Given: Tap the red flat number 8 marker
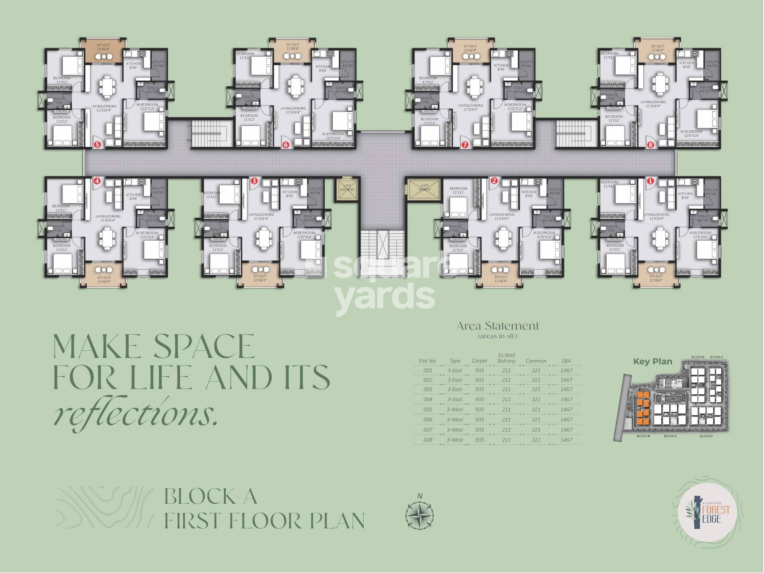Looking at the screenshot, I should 651,145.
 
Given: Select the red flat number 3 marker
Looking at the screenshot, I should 253,181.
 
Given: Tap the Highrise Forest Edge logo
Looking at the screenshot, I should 709,514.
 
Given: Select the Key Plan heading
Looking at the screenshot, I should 652,361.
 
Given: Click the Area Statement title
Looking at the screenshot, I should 497,326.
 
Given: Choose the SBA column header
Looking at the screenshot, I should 566,361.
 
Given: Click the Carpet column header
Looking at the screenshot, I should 479,361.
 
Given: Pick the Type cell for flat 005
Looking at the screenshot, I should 455,410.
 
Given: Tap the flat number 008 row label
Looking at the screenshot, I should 428,440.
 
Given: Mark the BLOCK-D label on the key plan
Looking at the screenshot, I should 706,436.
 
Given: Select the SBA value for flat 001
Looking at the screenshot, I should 566,371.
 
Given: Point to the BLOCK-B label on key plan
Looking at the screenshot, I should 698,357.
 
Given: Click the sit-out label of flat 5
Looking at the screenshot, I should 103,47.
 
